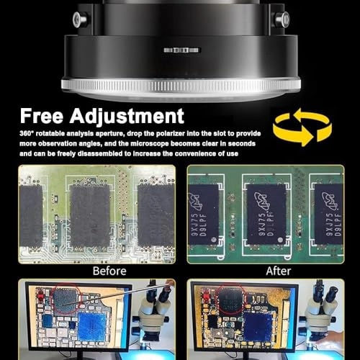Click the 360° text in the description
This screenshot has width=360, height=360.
pyautogui.click(x=27, y=133)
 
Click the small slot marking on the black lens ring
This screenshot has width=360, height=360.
pyautogui.click(x=180, y=50)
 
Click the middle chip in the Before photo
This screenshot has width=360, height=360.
pyautogui.click(x=90, y=215)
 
